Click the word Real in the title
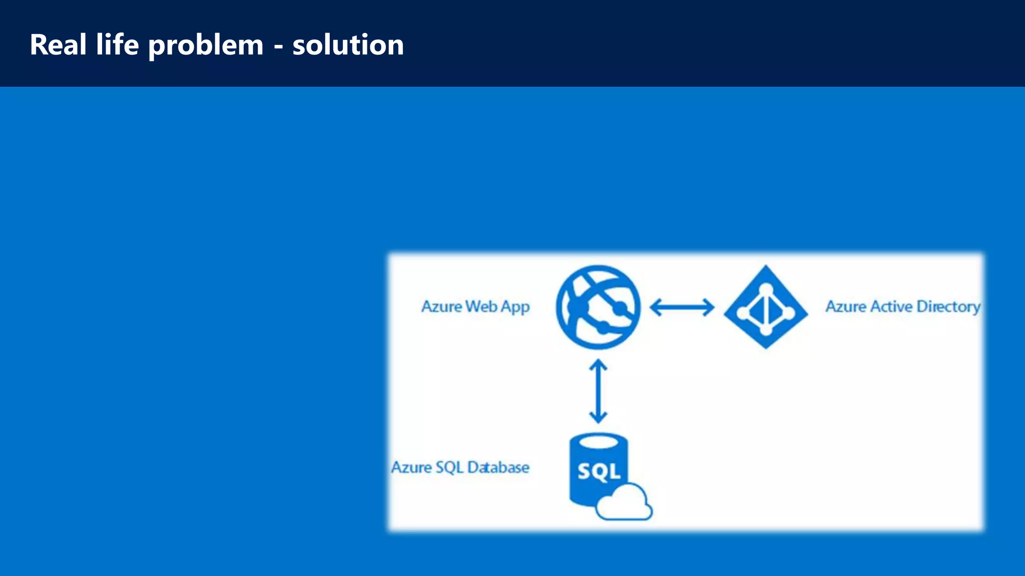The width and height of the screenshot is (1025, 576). coord(58,45)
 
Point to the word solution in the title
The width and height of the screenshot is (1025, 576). coord(348,45)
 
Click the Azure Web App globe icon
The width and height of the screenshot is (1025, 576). coord(598,307)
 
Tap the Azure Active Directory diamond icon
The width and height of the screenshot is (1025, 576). coord(766,307)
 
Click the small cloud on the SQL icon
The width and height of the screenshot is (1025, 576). coord(625,504)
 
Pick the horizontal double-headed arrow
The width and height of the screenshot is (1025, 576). coord(682,307)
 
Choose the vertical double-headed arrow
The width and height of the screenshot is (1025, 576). coord(598,391)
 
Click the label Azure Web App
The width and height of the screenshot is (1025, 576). coord(475,306)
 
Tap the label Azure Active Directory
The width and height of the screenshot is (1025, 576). coord(902,306)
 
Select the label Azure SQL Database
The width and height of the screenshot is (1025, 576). coord(460,467)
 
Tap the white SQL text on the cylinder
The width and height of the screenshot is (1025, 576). coord(599,471)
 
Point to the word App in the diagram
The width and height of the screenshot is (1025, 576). coord(516,307)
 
